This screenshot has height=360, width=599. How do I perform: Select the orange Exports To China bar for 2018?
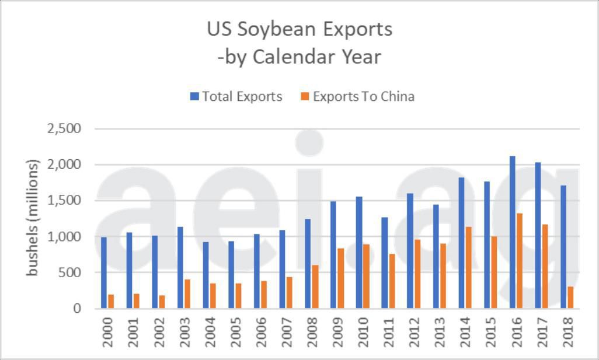570,298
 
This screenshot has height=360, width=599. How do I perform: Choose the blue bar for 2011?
385,263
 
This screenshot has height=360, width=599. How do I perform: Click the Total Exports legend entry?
236,96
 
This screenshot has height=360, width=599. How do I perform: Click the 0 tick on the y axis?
76,309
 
